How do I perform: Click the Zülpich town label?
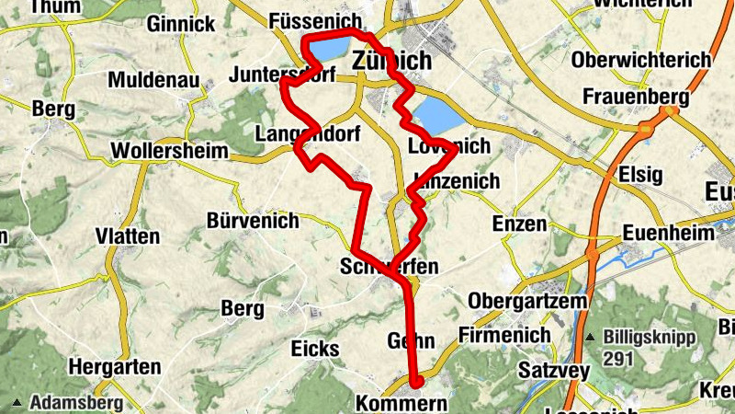pyautogui.click(x=391, y=61)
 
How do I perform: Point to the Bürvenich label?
pyautogui.click(x=253, y=221)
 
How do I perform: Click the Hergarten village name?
pyautogui.click(x=115, y=366)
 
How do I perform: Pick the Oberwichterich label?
pyautogui.click(x=640, y=60)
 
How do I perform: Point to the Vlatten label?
pyautogui.click(x=127, y=236)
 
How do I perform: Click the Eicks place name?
pyautogui.click(x=315, y=349)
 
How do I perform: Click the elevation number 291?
pyautogui.click(x=618, y=357)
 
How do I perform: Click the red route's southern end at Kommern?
pyautogui.click(x=415, y=382)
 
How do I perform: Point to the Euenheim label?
pyautogui.click(x=668, y=234)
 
